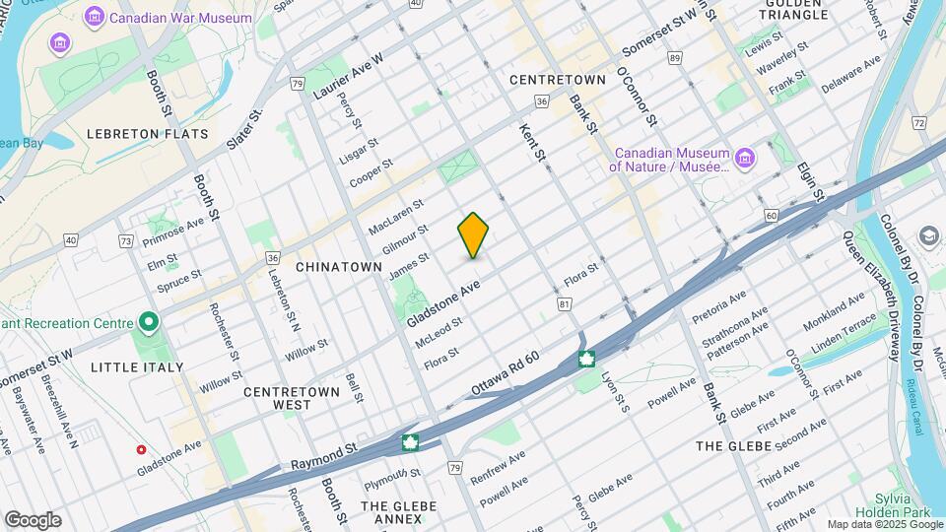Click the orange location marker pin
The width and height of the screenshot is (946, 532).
tap(473, 235)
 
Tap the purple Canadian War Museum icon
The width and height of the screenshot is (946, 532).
tap(95, 17)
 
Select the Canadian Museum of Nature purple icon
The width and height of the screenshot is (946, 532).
tap(744, 160)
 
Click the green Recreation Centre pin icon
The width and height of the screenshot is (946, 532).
tap(148, 323)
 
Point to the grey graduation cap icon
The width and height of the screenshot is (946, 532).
tap(928, 236)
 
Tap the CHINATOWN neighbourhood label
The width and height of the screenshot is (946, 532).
tap(338, 267)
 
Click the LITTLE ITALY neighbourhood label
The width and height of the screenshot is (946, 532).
tap(137, 367)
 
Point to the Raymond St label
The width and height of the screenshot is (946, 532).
tap(323, 455)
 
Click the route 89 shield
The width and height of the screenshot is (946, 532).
tap(674, 59)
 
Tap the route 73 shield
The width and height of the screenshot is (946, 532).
tap(125, 241)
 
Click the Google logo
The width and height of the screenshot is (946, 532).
tap(33, 520)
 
